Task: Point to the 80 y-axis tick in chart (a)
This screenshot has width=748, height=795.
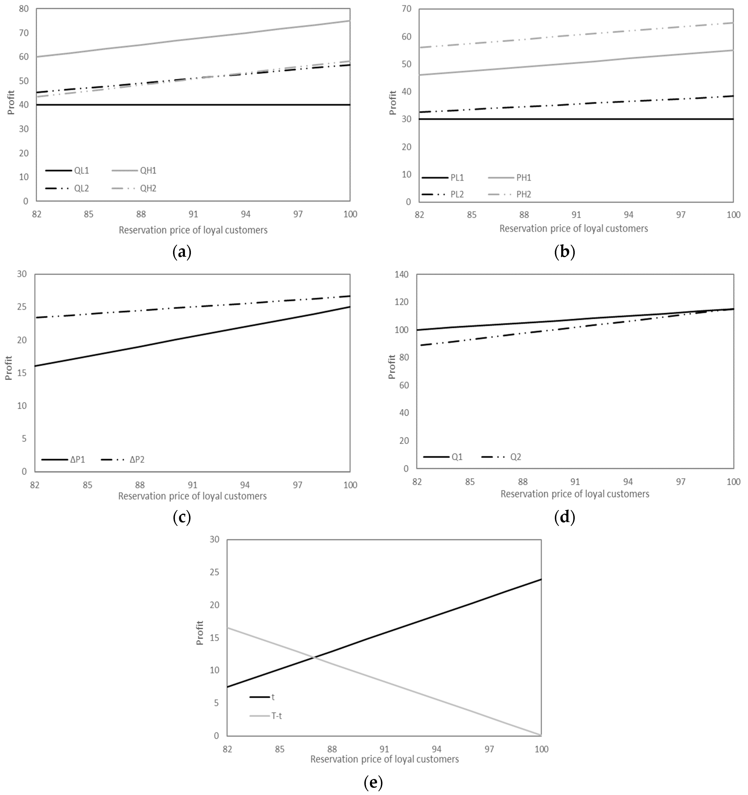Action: tap(24, 9)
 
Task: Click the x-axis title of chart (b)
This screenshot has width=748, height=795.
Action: tap(574, 229)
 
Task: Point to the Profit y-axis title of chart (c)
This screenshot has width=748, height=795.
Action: tap(9, 368)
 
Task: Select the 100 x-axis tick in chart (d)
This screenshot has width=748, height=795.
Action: tap(733, 482)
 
